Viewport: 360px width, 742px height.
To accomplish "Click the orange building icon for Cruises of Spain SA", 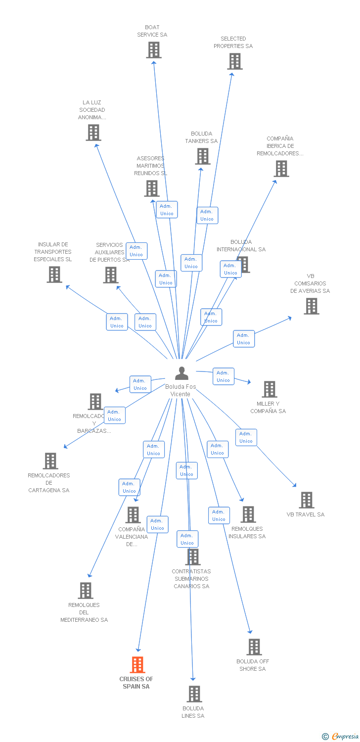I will tap(137, 664).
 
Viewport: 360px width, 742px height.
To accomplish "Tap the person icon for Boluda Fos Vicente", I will tap(182, 373).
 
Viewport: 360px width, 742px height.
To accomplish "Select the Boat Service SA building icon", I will tap(154, 50).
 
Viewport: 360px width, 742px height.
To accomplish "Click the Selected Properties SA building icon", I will tap(234, 61).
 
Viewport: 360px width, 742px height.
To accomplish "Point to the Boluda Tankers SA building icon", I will tap(202, 156).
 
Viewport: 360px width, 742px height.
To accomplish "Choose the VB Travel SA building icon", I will tap(307, 500).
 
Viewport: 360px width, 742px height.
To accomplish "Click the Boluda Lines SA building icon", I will tap(194, 694).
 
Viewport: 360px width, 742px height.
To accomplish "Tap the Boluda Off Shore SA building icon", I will tap(254, 647).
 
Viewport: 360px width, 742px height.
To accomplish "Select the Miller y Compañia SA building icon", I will tap(269, 389).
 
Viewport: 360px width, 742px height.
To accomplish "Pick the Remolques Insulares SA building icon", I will tap(248, 514).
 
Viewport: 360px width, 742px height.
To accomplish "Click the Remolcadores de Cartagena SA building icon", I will tap(50, 461).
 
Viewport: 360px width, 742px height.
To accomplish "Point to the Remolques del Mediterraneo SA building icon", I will tap(86, 591).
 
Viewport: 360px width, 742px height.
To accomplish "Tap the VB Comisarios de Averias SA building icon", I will tap(311, 306).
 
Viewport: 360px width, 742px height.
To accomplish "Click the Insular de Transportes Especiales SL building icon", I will tap(54, 275).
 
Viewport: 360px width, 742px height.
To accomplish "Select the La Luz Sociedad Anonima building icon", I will tap(93, 133).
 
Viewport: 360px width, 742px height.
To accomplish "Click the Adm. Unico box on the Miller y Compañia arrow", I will tap(223, 376).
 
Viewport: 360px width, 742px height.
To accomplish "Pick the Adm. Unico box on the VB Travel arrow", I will tap(246, 437).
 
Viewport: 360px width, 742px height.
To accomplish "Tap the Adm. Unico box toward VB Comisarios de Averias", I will tap(243, 339).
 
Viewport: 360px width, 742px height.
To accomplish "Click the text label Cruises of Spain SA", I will tap(136, 683).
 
